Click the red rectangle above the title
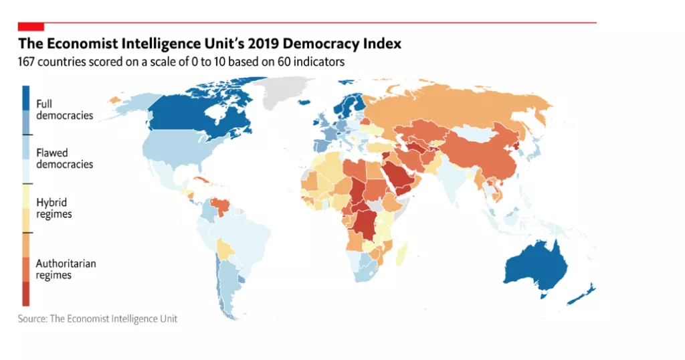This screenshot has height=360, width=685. pyautogui.click(x=31, y=26)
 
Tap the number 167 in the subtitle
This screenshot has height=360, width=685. pyautogui.click(x=27, y=62)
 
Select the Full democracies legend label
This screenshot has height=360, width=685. pyautogui.click(x=64, y=110)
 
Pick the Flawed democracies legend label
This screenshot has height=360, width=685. pyautogui.click(x=64, y=159)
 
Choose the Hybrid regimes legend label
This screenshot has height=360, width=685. pyautogui.click(x=54, y=208)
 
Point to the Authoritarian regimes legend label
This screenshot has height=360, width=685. pyautogui.click(x=66, y=269)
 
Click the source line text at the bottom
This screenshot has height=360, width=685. pyautogui.click(x=98, y=319)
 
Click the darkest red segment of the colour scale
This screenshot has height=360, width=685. pyautogui.click(x=25, y=293)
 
